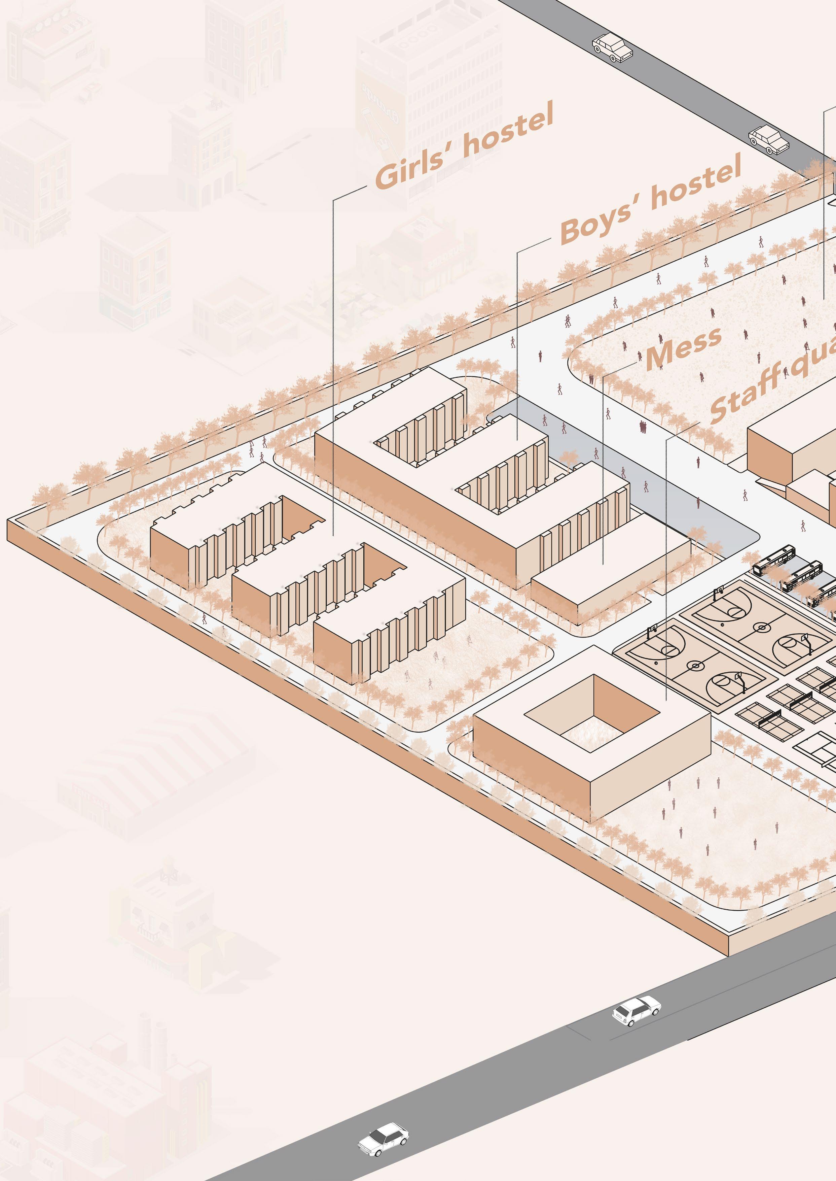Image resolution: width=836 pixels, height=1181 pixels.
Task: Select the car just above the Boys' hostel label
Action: (x=769, y=139)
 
